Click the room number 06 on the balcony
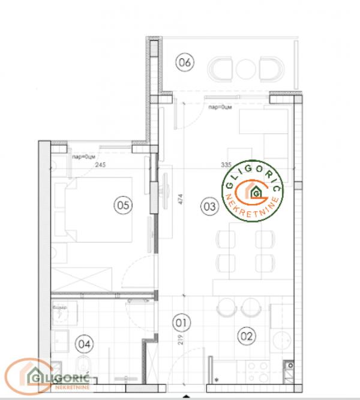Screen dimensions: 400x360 (x=184, y=61)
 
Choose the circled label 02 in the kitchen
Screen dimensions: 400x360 (x=246, y=336)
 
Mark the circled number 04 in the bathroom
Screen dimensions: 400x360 (x=86, y=344)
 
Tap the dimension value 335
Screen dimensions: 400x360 (x=226, y=164)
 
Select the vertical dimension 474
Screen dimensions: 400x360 (x=179, y=199)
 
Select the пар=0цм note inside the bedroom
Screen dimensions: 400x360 (x=85, y=157)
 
